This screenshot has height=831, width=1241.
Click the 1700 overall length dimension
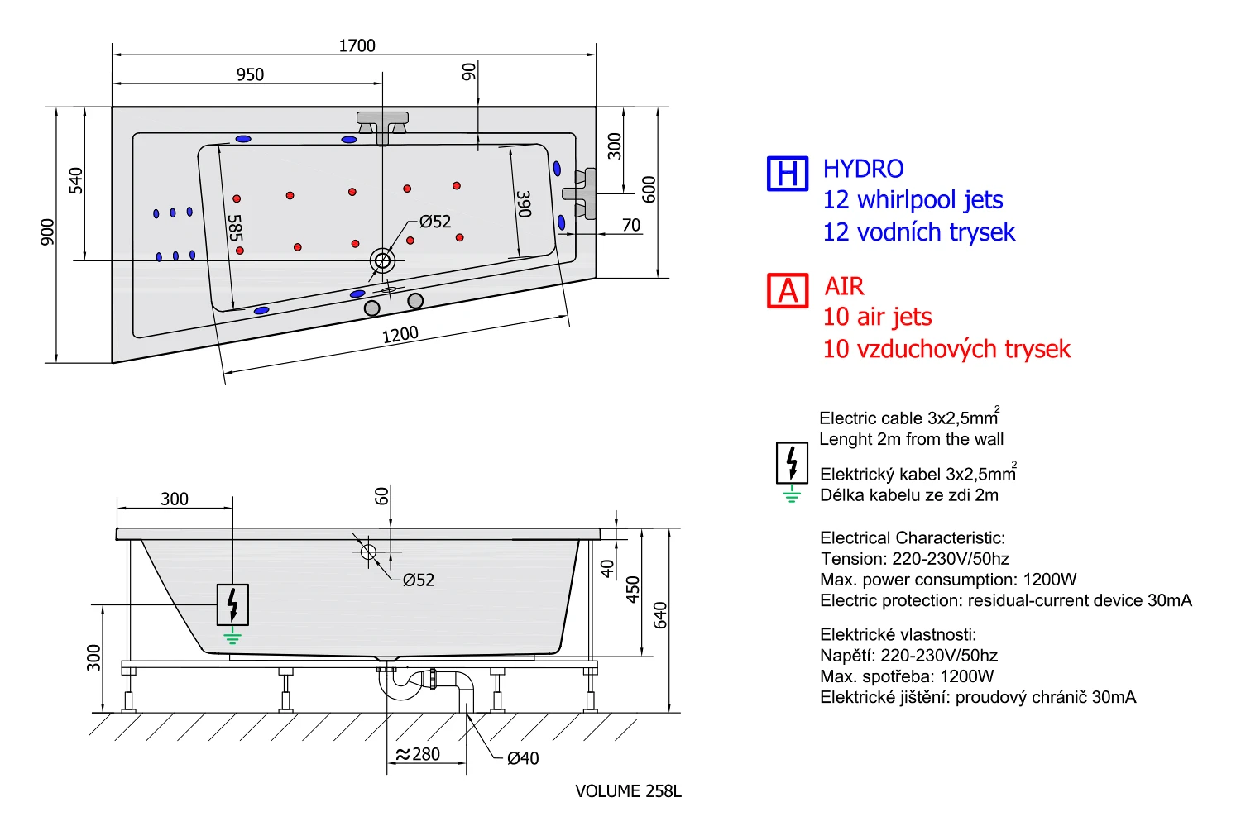(357, 45)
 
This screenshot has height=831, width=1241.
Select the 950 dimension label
(250, 74)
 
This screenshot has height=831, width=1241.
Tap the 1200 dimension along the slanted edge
(400, 335)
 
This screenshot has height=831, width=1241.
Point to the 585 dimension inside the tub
(235, 228)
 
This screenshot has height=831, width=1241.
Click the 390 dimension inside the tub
(524, 203)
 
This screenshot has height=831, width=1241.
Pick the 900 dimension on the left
(48, 232)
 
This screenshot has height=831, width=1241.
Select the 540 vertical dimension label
(76, 180)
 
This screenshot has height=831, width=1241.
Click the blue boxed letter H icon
(787, 174)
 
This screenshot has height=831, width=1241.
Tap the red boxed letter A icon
(787, 290)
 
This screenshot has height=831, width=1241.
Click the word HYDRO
(863, 169)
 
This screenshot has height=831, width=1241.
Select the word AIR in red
(844, 286)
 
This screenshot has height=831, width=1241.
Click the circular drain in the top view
(382, 261)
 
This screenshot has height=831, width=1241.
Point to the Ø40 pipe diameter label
(523, 758)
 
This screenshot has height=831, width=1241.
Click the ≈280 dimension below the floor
(418, 754)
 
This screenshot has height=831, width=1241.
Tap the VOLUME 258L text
(628, 791)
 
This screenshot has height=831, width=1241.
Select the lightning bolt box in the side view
(232, 604)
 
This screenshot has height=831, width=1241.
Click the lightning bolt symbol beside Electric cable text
(792, 463)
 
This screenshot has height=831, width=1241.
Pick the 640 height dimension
(660, 615)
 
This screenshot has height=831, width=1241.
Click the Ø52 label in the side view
(419, 580)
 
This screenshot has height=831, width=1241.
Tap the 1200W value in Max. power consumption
(1049, 580)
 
